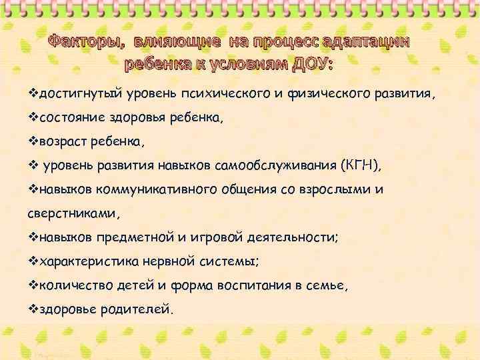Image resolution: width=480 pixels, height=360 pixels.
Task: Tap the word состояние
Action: [71, 118]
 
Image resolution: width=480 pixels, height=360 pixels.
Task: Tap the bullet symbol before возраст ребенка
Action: [35, 141]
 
